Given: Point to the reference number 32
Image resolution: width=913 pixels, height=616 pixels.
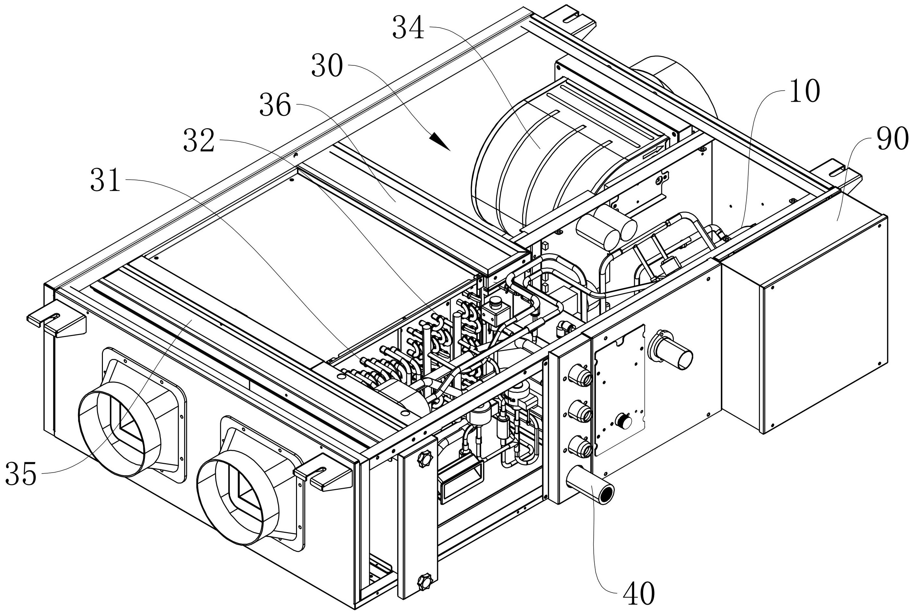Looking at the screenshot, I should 199,142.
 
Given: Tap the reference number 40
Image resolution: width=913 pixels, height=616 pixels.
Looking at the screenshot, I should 639,594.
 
